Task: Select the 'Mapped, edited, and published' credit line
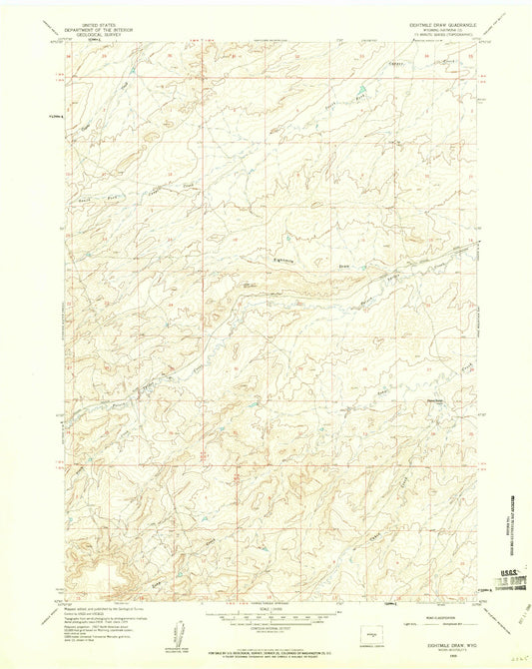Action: point(110,607)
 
